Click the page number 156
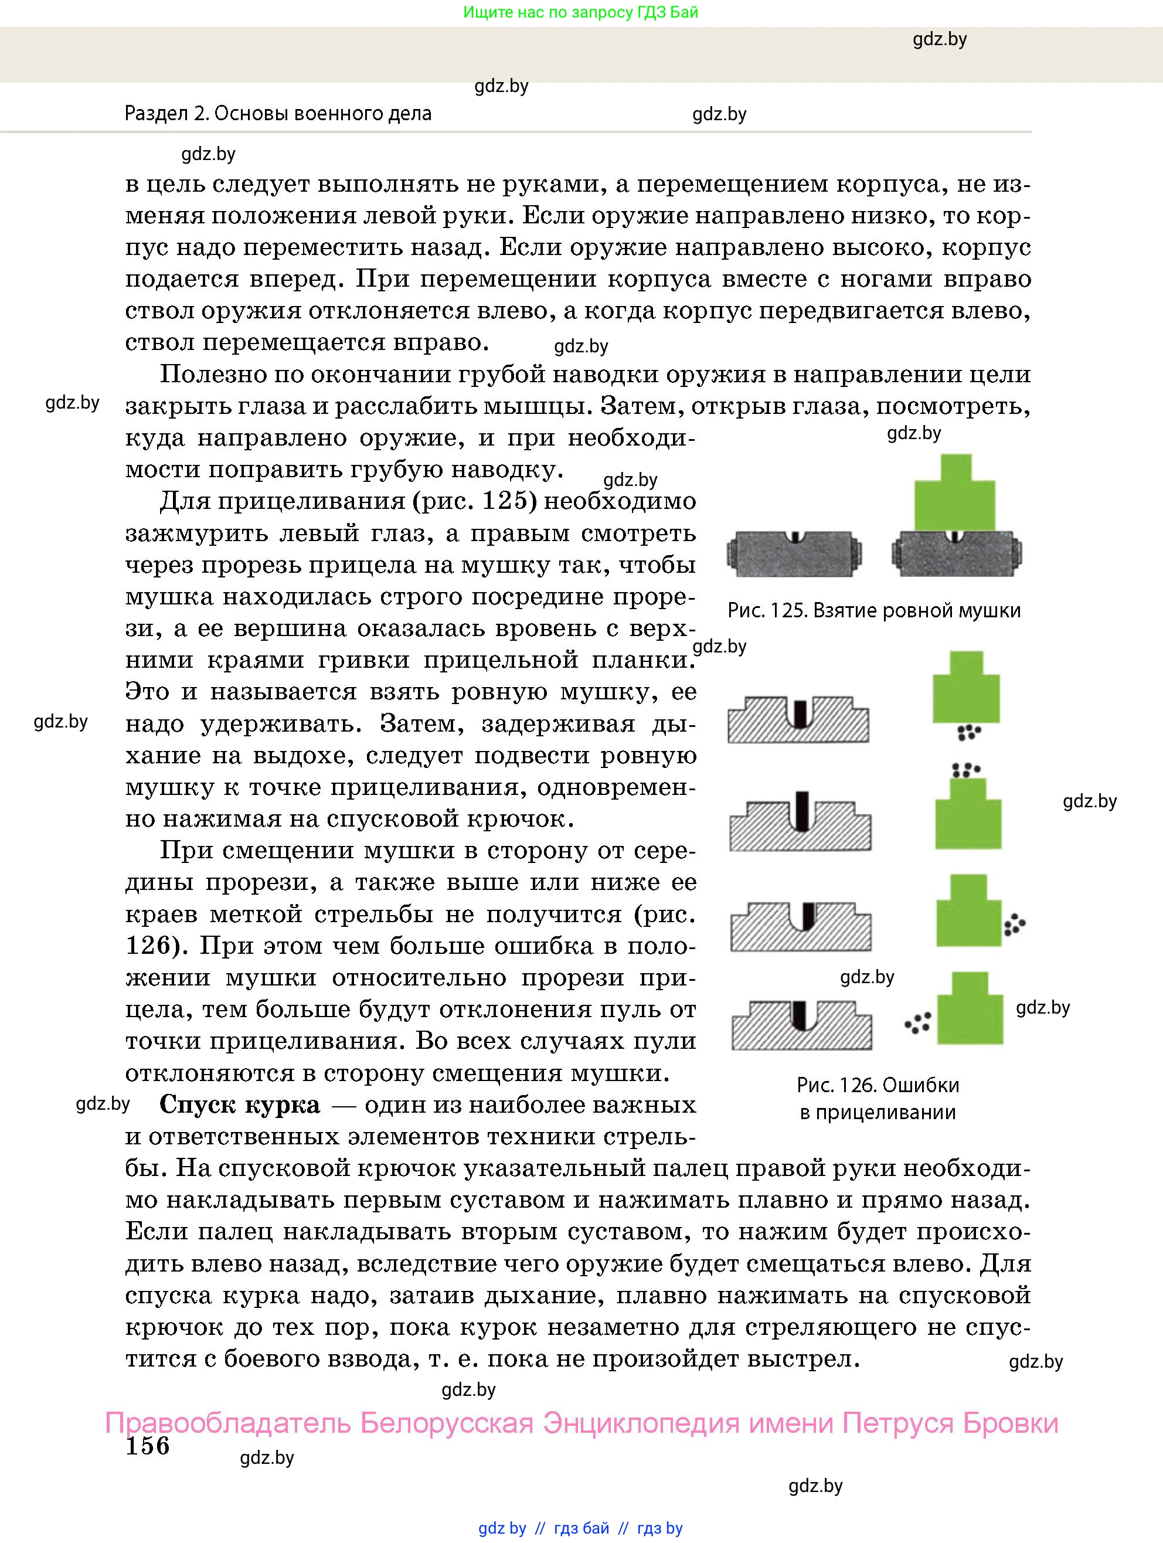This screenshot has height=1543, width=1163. (x=147, y=1445)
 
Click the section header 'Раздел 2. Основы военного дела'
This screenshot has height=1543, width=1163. (x=278, y=113)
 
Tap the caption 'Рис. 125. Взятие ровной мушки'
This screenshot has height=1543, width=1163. (x=873, y=611)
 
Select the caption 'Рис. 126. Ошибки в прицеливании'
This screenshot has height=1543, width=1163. (x=878, y=1098)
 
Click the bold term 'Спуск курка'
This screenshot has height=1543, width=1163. (x=240, y=1105)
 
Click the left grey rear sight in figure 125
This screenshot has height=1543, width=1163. (x=794, y=554)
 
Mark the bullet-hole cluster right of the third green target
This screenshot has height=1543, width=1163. (x=1014, y=925)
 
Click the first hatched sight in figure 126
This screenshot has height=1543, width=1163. (x=798, y=719)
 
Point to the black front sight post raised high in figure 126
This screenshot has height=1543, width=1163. (x=802, y=810)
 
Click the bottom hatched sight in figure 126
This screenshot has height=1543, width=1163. (x=801, y=1025)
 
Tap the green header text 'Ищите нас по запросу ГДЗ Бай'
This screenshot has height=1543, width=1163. (x=580, y=12)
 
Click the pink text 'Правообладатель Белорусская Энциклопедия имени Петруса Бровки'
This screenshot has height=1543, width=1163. (x=581, y=1423)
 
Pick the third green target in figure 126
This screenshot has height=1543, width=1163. (x=968, y=911)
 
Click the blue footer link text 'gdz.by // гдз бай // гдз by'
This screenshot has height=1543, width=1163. (x=580, y=1528)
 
